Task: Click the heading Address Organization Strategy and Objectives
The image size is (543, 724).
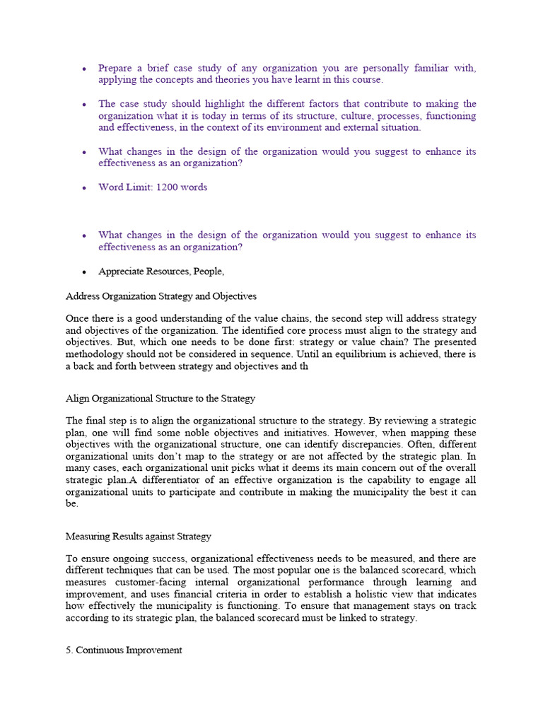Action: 160,296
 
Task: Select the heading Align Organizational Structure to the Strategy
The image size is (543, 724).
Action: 160,399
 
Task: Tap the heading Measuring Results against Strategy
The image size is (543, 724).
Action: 138,537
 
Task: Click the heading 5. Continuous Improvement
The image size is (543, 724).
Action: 124,650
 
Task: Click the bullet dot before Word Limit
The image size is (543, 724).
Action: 83,188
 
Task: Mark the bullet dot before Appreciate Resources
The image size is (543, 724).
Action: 83,272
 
